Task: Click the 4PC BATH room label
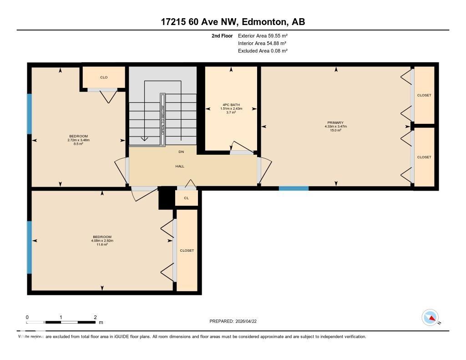tap(231, 105)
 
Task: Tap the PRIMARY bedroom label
tap(335, 122)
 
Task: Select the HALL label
tap(180, 166)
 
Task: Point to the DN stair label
tap(181, 152)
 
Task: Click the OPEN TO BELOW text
tap(162, 120)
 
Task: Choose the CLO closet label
tap(104, 77)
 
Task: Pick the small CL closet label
tap(186, 198)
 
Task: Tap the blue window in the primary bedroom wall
tap(294, 188)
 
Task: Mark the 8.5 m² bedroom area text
tap(78, 143)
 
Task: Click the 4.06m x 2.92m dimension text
tap(102, 241)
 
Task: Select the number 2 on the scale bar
tap(95, 317)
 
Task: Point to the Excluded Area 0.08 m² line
tap(263, 51)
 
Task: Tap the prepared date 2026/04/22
tap(246, 321)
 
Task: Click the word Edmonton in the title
tap(264, 22)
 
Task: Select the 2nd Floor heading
tap(222, 35)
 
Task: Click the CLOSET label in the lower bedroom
tap(187, 251)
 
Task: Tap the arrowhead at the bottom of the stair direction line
tap(144, 138)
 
